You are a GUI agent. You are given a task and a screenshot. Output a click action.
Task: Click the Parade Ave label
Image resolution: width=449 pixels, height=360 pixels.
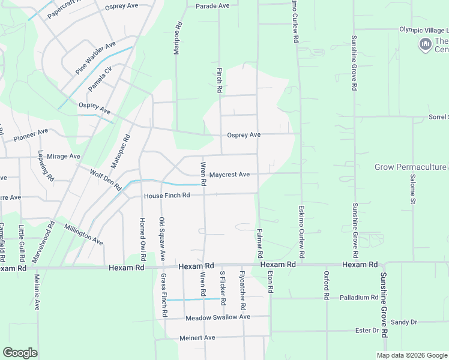(212, 6)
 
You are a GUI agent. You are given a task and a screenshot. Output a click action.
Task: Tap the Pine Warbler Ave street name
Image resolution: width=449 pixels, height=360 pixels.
(95, 58)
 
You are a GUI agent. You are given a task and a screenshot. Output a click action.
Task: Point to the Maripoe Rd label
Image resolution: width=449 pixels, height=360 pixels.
(177, 38)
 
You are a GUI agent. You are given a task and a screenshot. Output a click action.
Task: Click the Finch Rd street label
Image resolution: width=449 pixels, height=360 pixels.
(220, 80)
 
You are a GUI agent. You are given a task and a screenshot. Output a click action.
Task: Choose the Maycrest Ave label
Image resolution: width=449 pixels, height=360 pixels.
(229, 175)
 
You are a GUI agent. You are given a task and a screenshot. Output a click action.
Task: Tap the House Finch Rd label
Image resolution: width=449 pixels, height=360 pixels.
(167, 196)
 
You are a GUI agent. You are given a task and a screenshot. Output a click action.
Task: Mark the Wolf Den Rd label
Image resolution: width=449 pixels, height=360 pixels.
(105, 180)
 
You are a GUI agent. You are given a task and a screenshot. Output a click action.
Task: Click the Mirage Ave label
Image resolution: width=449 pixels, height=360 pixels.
(64, 157)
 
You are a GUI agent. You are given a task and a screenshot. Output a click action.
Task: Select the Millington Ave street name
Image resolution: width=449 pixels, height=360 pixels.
(84, 234)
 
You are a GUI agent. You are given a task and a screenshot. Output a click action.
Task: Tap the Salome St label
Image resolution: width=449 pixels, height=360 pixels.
(413, 189)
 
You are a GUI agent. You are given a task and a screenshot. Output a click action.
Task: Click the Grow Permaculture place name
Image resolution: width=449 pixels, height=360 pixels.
(411, 167)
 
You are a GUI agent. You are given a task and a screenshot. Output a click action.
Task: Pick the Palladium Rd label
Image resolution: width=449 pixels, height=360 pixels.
(358, 298)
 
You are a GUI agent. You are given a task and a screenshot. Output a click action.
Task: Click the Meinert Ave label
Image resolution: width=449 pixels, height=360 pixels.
(197, 338)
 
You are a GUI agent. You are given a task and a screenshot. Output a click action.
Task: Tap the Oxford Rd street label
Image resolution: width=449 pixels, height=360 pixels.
(327, 286)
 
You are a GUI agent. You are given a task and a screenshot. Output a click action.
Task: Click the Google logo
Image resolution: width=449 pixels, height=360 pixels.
(20, 353)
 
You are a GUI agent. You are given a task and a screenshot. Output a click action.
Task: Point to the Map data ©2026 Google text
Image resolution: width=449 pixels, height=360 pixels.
(412, 355)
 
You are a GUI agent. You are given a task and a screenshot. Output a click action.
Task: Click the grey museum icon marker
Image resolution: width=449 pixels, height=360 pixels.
(425, 44)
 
